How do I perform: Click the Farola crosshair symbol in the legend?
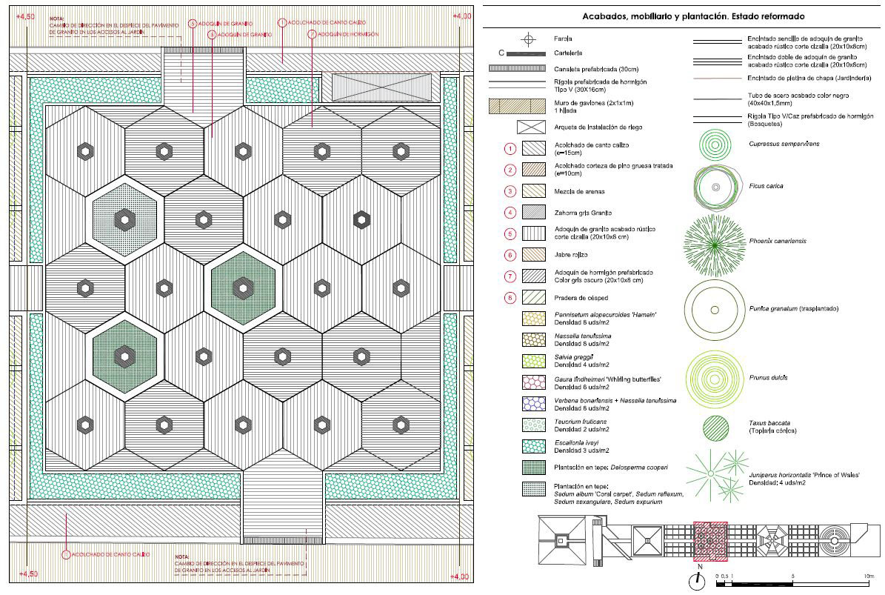click(528, 39)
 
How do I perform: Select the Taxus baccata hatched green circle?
click(715, 428)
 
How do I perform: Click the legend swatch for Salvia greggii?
click(533, 361)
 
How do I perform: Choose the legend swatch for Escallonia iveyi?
click(533, 446)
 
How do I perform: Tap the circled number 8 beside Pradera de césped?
click(510, 297)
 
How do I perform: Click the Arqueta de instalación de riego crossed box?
click(533, 127)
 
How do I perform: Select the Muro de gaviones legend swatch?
click(533, 106)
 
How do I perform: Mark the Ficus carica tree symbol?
click(715, 187)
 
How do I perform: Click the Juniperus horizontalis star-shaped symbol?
click(713, 474)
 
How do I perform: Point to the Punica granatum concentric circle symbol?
click(715, 309)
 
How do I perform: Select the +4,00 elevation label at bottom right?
click(460, 576)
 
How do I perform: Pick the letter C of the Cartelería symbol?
click(502, 53)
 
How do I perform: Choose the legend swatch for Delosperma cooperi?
click(533, 468)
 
